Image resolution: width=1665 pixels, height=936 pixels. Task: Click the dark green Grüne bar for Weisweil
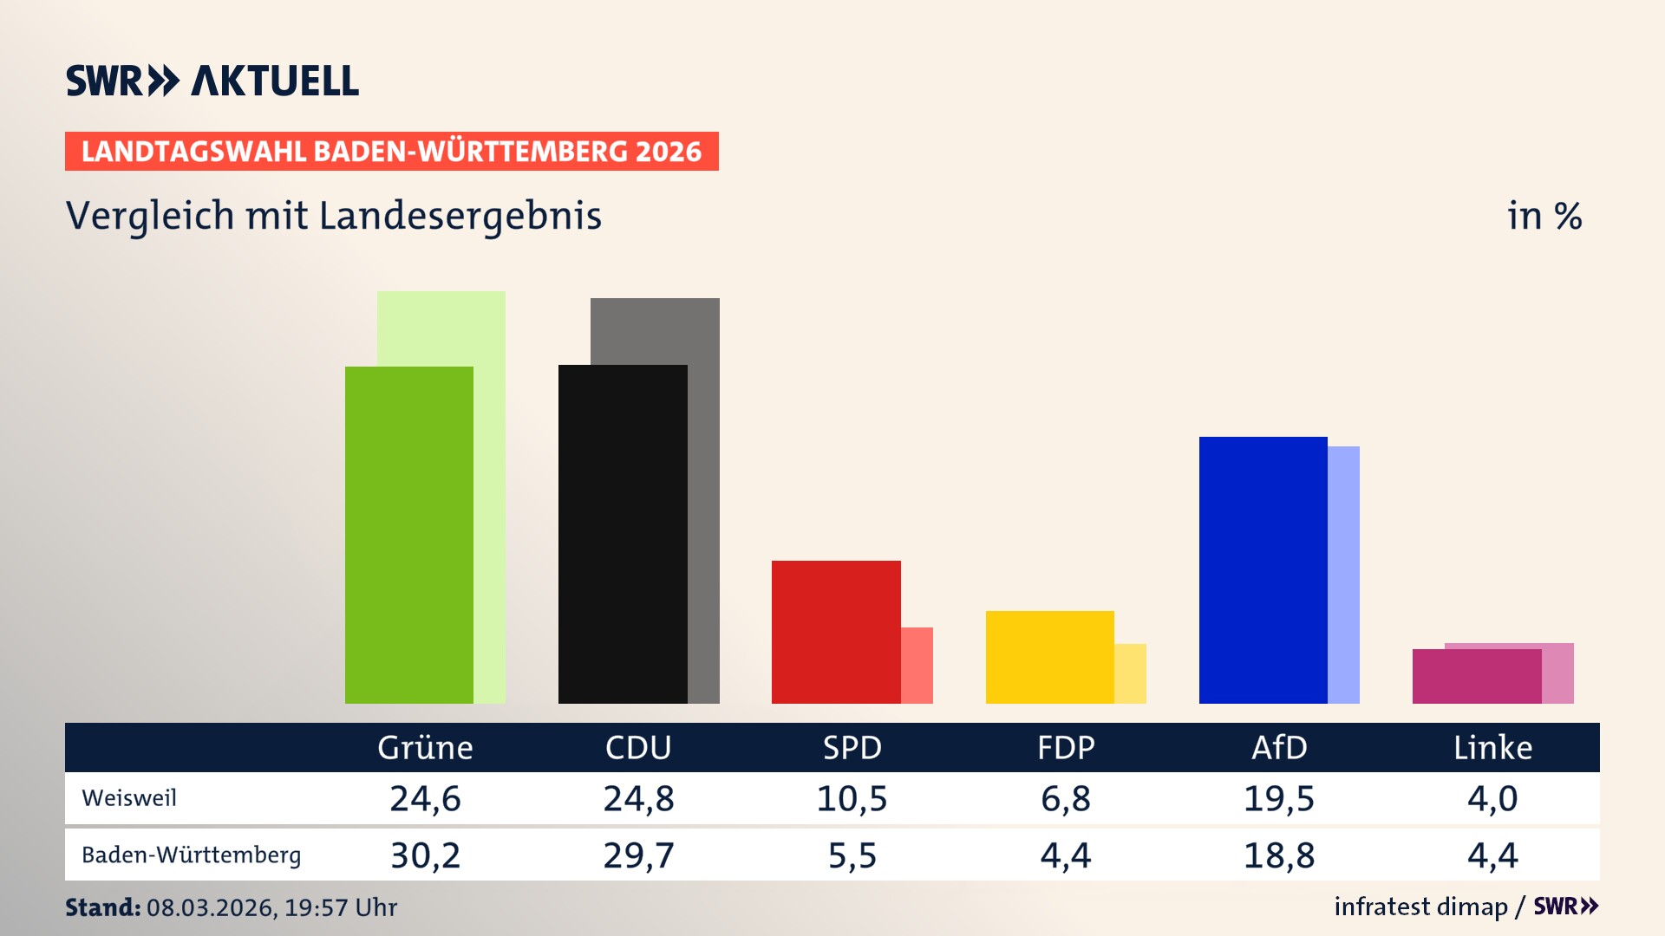409,535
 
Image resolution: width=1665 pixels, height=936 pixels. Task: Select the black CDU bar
623,534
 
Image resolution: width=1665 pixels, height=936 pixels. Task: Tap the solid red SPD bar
836,632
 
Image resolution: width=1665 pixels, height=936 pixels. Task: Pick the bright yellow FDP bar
1049,657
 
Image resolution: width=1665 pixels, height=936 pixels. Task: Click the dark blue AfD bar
1263,569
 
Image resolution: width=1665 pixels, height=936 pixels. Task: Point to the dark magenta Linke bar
1476,676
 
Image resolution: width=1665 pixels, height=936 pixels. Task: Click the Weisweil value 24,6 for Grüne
425,798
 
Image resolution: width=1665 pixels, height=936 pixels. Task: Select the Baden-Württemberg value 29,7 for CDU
638,855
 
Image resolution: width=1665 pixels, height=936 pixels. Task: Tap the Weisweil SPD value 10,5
852,798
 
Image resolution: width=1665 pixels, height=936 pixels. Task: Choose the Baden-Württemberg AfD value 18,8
1279,855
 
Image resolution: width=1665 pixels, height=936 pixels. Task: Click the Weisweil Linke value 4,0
1492,798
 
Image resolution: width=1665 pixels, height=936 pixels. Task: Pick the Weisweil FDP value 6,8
1066,798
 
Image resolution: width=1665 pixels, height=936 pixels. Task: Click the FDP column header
1066,747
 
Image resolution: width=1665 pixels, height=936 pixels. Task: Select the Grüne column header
425,747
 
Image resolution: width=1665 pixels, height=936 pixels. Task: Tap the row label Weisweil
129,797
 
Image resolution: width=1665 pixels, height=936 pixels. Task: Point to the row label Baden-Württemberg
191,855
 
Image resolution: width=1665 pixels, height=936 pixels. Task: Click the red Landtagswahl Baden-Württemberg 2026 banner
391,151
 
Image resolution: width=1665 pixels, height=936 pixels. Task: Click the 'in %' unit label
1544,216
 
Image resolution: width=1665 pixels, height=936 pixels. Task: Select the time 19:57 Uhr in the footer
340,907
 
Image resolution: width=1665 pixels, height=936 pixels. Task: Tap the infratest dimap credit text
1420,907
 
